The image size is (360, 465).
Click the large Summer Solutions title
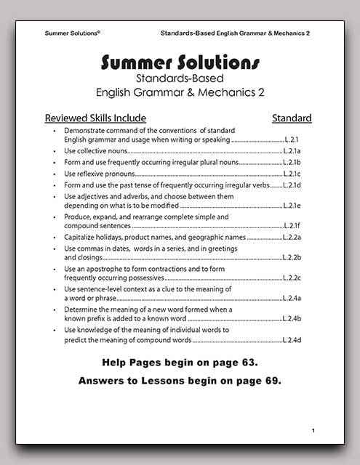[180, 62]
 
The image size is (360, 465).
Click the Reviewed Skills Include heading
[95, 118]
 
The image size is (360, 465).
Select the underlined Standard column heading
[292, 118]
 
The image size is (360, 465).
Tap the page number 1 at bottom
[313, 432]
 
